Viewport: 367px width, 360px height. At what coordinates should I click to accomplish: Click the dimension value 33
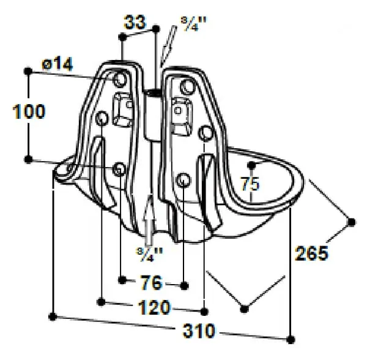click(135, 23)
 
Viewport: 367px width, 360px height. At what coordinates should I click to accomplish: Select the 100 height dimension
click(29, 111)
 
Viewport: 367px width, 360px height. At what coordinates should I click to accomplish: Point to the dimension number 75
click(250, 184)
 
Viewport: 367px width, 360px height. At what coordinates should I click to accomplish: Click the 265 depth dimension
click(311, 253)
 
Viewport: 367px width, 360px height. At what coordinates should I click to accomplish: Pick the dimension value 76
click(151, 282)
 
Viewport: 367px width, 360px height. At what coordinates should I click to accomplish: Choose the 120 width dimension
click(155, 307)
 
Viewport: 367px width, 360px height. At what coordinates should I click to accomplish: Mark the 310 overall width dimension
click(199, 331)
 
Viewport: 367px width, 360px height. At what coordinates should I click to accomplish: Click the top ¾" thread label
click(193, 24)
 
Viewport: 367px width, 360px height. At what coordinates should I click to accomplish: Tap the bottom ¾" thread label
click(149, 255)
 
